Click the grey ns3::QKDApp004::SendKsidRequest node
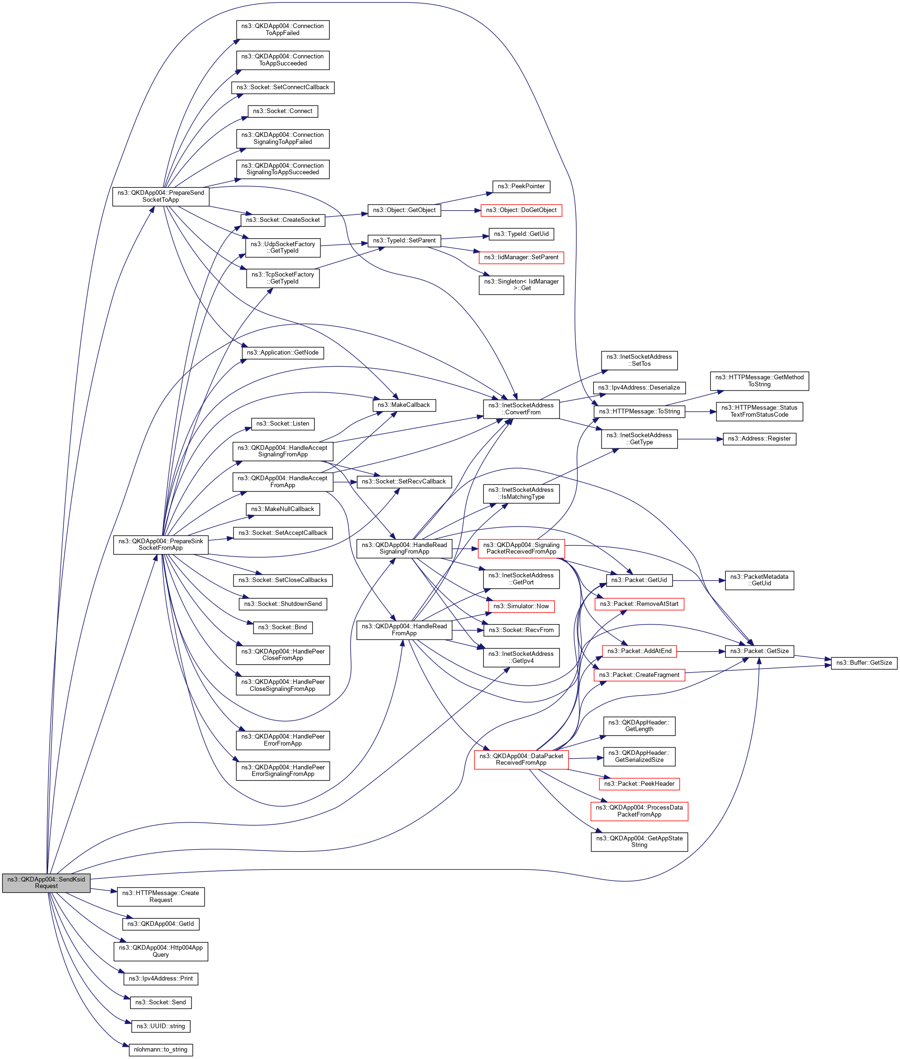pos(46,882)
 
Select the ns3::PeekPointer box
pos(521,186)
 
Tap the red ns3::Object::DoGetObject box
pos(521,210)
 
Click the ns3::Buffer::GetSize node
pos(864,662)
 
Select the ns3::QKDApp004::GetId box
pos(161,924)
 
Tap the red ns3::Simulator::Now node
pos(521,606)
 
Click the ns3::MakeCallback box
pos(404,405)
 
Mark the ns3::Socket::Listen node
pos(283,424)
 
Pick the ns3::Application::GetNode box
pos(283,353)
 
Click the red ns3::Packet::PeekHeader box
pos(639,783)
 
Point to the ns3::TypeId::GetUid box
pos(521,234)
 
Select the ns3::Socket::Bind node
pos(283,627)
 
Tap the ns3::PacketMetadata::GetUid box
pos(759,580)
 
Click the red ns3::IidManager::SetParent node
pos(521,257)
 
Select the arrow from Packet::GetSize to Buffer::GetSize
pos(813,657)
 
